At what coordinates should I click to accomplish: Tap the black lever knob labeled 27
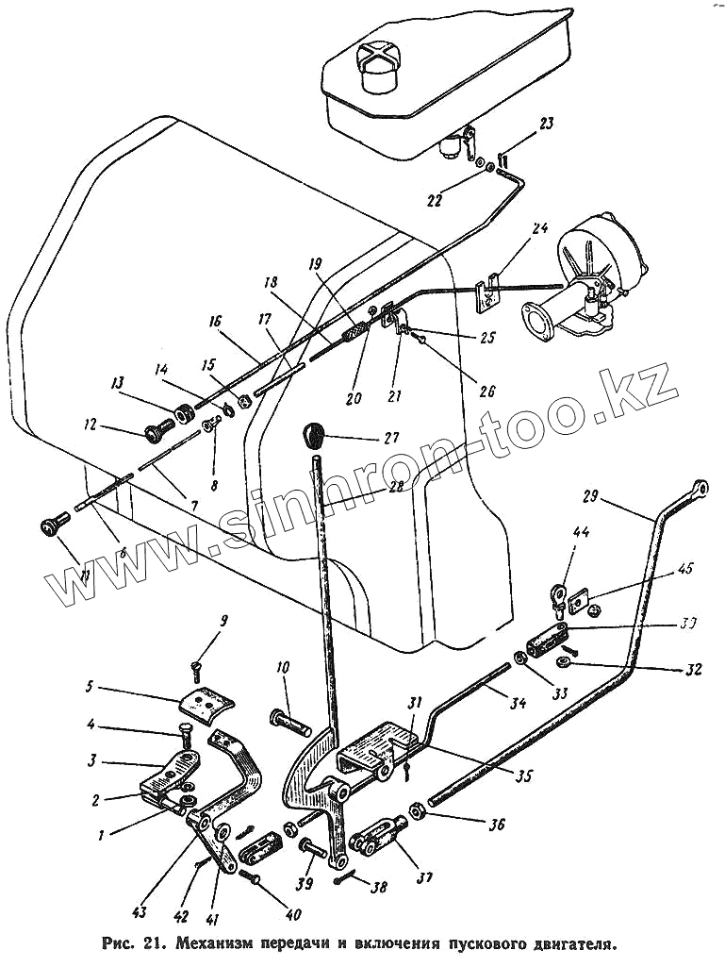pos(314,436)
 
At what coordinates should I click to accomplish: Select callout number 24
pos(538,228)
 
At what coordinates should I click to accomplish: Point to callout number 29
pos(591,497)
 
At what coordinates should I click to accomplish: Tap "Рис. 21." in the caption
pos(136,942)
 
